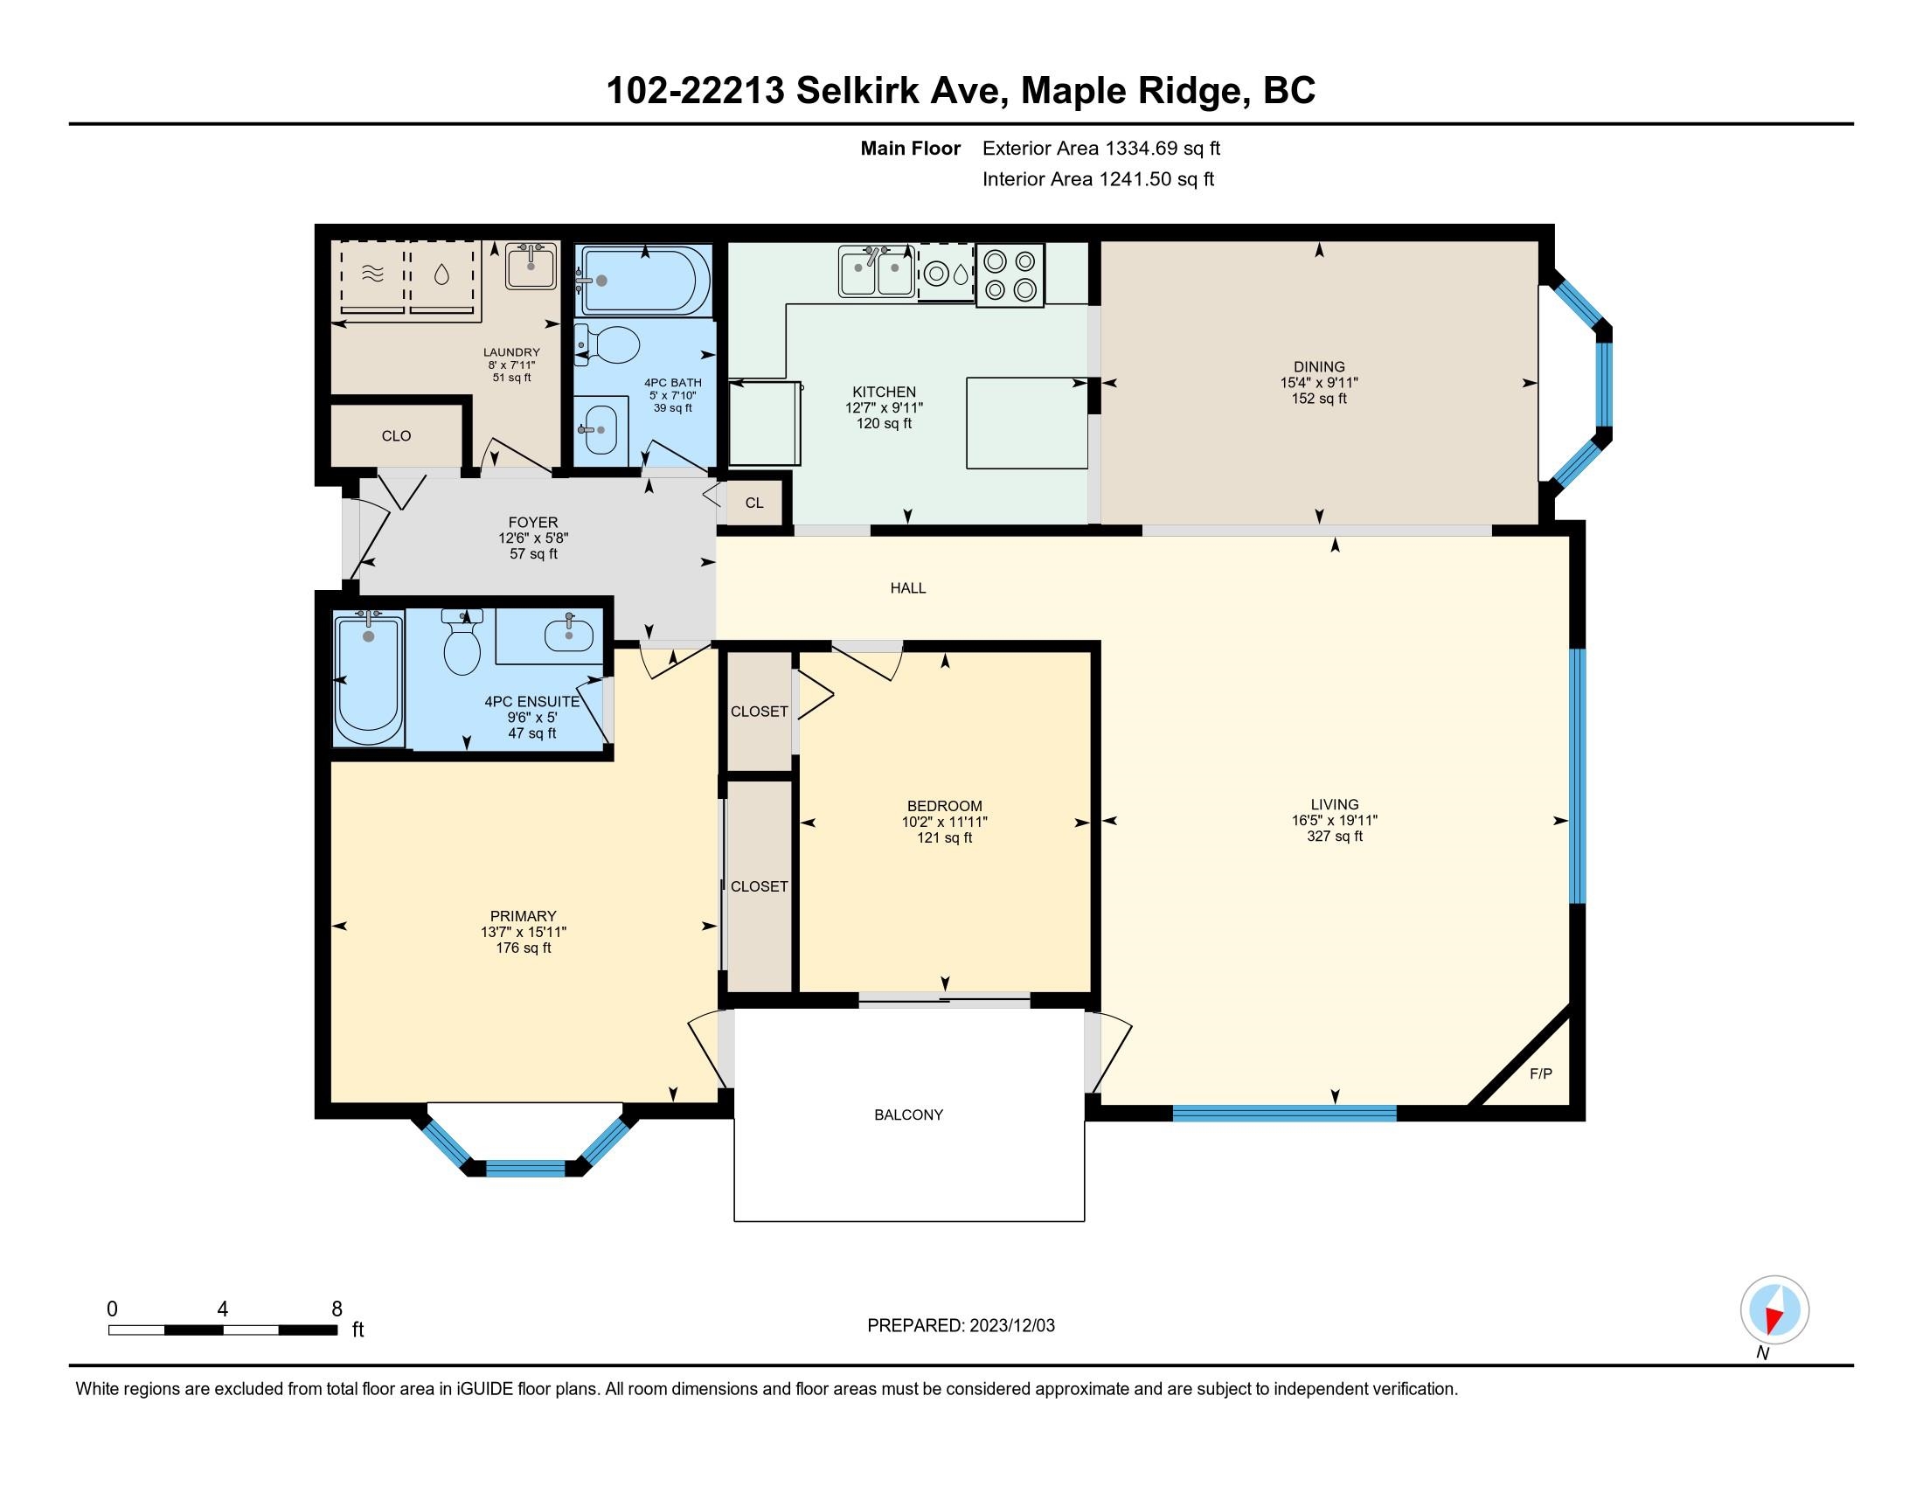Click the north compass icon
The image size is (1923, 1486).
click(1774, 1310)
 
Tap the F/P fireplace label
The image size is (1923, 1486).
click(1540, 1073)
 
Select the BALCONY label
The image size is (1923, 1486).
click(908, 1114)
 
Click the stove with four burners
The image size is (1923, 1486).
click(1009, 274)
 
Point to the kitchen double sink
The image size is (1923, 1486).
click(875, 273)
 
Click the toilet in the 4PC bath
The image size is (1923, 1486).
click(610, 345)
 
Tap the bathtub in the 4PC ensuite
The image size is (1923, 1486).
click(368, 677)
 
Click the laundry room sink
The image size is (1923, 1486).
click(531, 266)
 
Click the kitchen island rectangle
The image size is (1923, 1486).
click(1026, 422)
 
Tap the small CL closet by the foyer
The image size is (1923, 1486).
click(754, 503)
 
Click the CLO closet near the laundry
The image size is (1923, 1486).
click(396, 436)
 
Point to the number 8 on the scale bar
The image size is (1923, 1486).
click(337, 1309)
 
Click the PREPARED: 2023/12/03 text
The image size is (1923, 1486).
click(961, 1326)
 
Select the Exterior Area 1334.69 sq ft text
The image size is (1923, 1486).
click(1100, 149)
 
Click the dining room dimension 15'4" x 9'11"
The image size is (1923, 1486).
click(1318, 383)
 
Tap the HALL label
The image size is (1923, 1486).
click(908, 588)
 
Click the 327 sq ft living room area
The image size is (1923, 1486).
click(1334, 837)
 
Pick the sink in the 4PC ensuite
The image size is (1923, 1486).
click(568, 633)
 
